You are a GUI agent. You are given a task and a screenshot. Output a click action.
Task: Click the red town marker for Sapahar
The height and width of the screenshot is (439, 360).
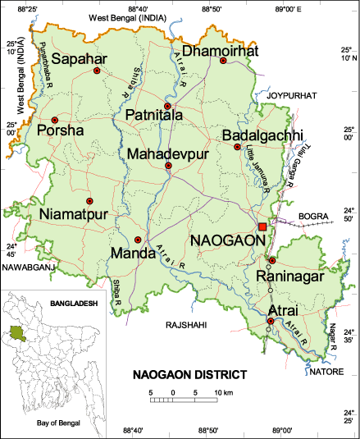click(x=97, y=71)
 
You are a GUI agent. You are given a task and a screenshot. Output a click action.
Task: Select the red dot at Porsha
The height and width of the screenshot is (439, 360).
click(x=54, y=120)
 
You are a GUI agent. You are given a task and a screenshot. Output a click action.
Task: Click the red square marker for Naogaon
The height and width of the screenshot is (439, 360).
click(x=262, y=226)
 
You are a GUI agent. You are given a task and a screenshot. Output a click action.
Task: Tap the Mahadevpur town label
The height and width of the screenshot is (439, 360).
click(x=169, y=153)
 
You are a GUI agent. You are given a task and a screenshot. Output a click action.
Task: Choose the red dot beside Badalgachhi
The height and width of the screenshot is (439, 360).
click(x=237, y=147)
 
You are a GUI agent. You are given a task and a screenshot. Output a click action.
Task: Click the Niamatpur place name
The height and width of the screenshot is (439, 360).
click(x=74, y=215)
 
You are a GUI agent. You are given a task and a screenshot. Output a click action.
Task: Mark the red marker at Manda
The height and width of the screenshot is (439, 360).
click(x=138, y=239)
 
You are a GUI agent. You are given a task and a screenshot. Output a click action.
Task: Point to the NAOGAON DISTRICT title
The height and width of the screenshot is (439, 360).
click(x=189, y=375)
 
